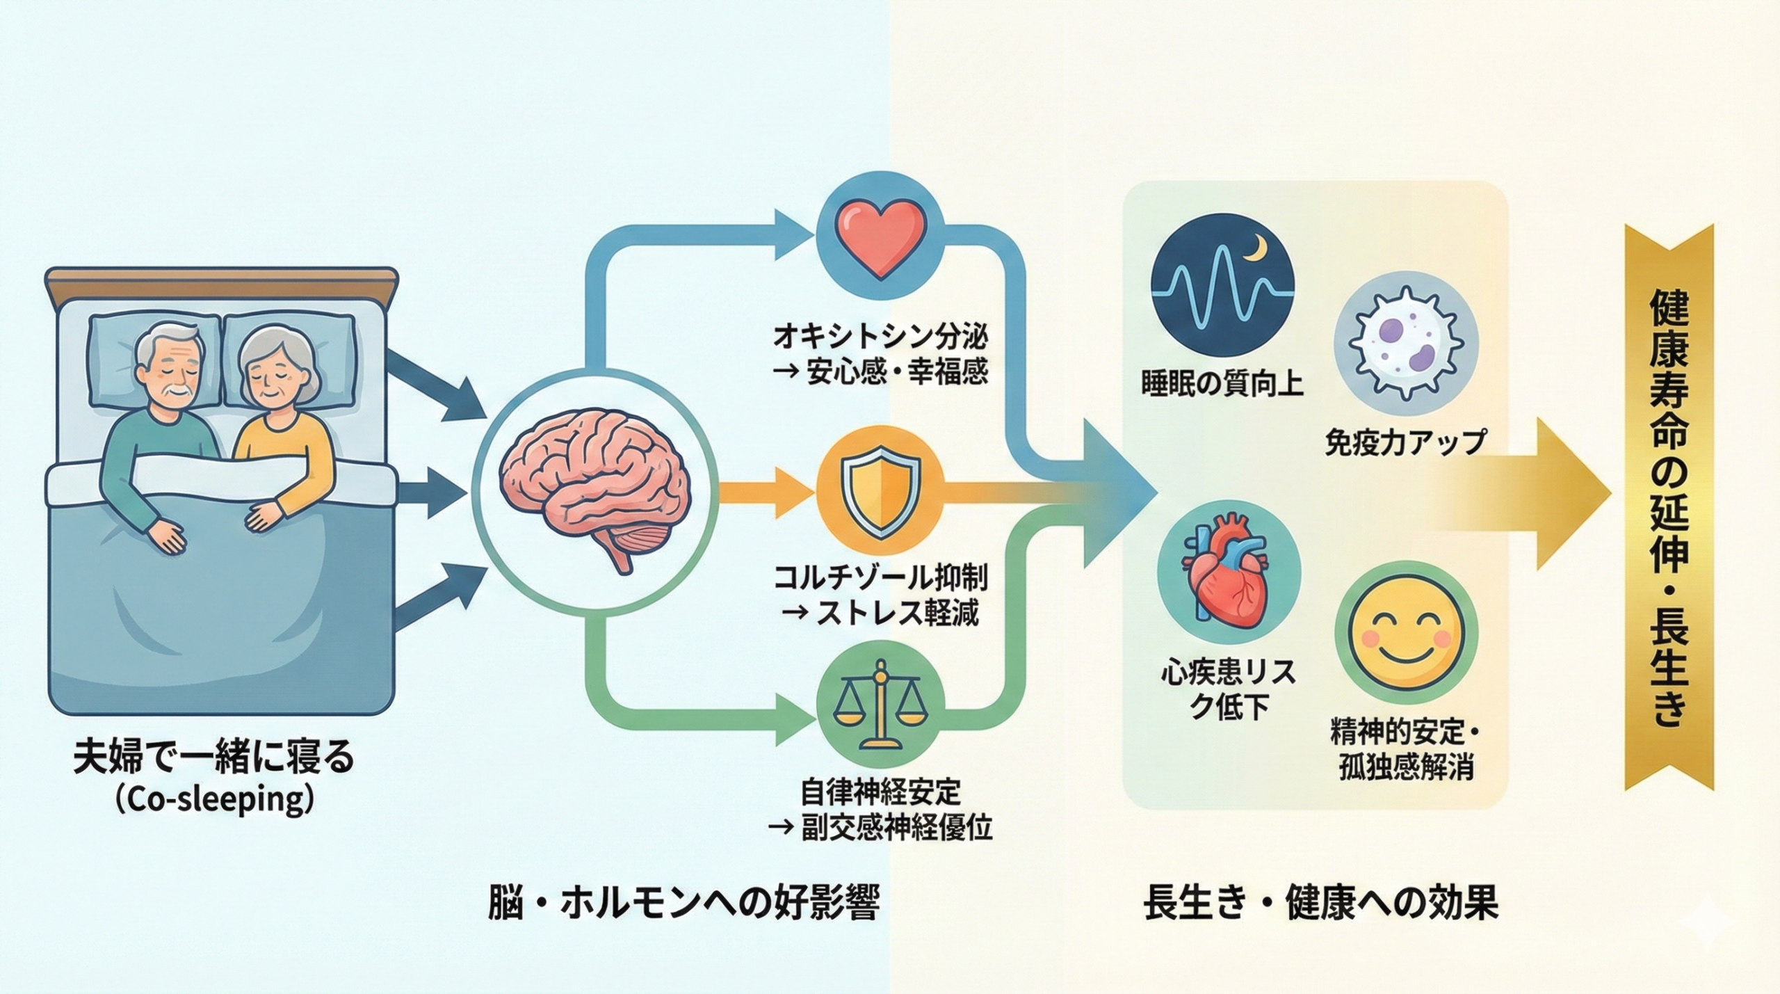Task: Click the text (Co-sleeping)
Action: click(213, 801)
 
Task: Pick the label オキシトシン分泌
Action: click(880, 338)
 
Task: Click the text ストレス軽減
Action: click(898, 613)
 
